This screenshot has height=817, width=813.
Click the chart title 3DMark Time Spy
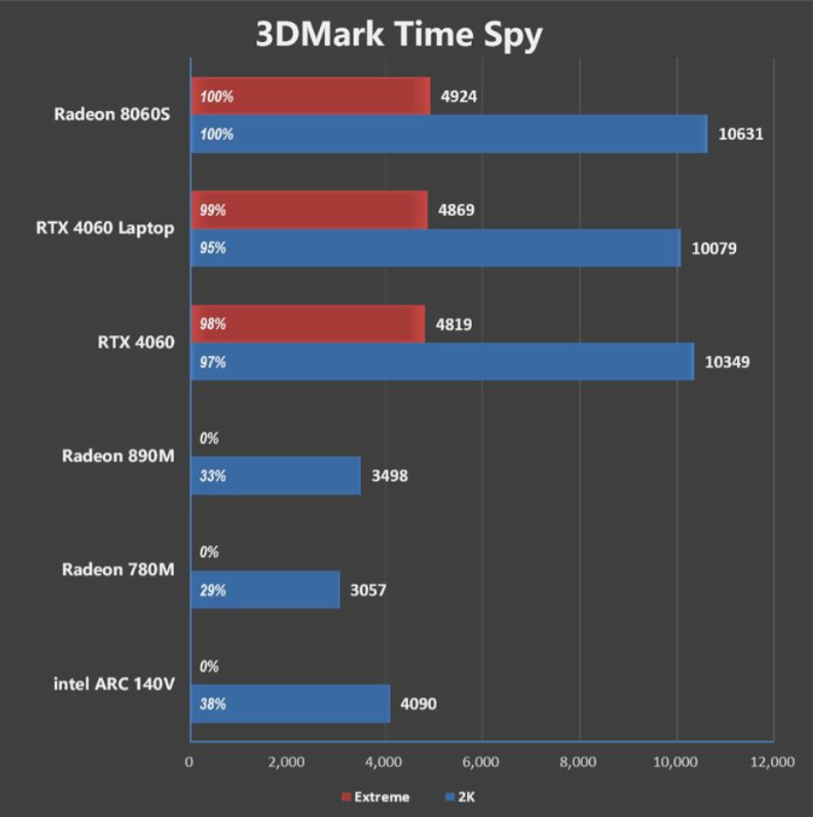pos(399,34)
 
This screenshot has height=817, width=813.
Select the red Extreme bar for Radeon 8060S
pos(310,96)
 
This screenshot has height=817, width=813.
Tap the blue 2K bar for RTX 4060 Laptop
pos(435,248)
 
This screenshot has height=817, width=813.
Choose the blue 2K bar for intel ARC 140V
pos(290,704)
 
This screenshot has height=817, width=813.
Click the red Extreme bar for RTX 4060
pos(308,324)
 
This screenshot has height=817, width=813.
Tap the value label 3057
pos(368,590)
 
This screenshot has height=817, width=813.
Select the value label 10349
pos(728,362)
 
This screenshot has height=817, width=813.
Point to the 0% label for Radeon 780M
pos(209,553)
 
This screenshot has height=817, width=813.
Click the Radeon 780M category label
pos(118,570)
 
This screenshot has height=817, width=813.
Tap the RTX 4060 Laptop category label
pos(105,228)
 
